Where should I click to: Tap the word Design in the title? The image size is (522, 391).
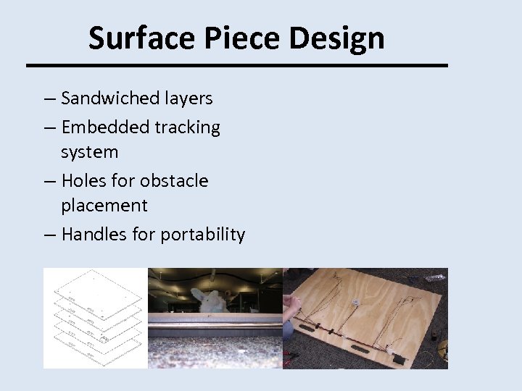click(x=336, y=38)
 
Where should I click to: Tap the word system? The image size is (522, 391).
click(x=89, y=152)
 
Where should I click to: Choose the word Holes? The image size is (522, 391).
click(x=86, y=180)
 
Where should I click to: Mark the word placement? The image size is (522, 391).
click(x=104, y=206)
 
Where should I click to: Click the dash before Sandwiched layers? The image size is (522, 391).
click(x=48, y=98)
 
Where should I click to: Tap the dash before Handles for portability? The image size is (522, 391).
click(x=48, y=235)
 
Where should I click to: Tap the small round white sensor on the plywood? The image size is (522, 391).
click(x=356, y=303)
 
